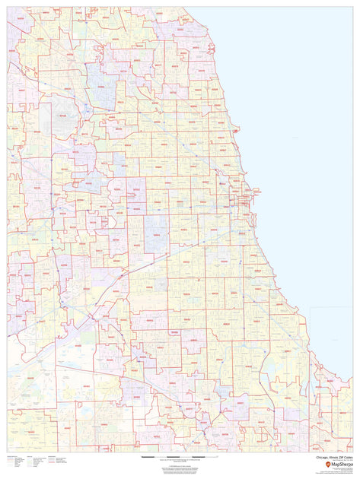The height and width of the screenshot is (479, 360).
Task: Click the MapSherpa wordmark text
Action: pyautogui.click(x=337, y=465)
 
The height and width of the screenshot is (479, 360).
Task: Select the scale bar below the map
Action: pyautogui.click(x=180, y=456)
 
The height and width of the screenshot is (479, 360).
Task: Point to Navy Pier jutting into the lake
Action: pyautogui.click(x=255, y=191)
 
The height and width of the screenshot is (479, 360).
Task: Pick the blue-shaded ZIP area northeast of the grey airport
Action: pyautogui.click(x=100, y=76)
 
